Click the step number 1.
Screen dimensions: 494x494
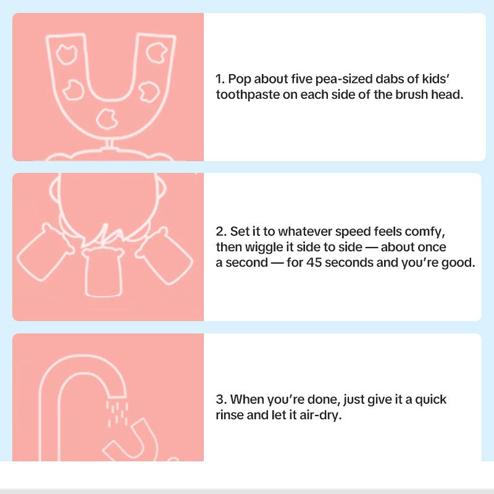tap(220, 79)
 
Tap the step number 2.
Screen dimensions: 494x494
tap(221, 232)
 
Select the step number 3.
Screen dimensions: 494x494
tap(221, 400)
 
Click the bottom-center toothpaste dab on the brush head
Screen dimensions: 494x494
tap(107, 119)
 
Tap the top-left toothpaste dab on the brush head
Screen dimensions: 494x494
tap(67, 54)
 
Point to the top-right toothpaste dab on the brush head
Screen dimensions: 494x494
tap(157, 52)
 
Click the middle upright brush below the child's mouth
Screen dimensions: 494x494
tap(103, 271)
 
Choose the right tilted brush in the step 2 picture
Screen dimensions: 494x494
tap(164, 256)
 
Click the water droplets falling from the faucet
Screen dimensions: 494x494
tap(117, 413)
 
